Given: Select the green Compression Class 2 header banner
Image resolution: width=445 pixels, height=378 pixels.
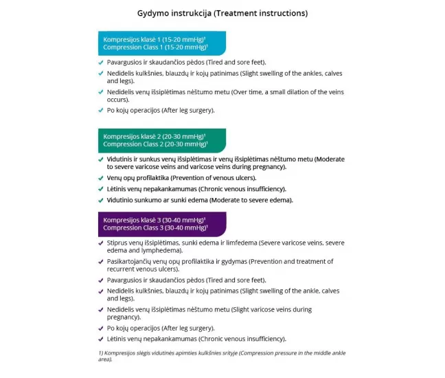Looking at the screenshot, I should point(162,140).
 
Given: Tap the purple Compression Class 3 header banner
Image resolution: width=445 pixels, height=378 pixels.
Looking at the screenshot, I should point(162,223).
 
